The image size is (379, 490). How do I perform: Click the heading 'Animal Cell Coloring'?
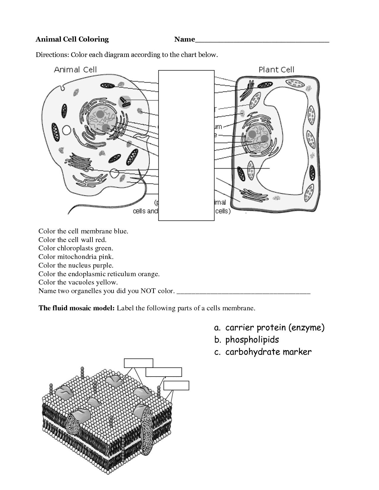[72, 39]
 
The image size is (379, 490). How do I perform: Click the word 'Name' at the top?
[184, 39]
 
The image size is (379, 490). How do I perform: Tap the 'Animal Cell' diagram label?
[76, 70]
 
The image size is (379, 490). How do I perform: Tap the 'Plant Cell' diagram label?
[276, 70]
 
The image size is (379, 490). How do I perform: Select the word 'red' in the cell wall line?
[101, 240]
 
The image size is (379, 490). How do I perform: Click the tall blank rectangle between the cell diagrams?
[186, 146]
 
